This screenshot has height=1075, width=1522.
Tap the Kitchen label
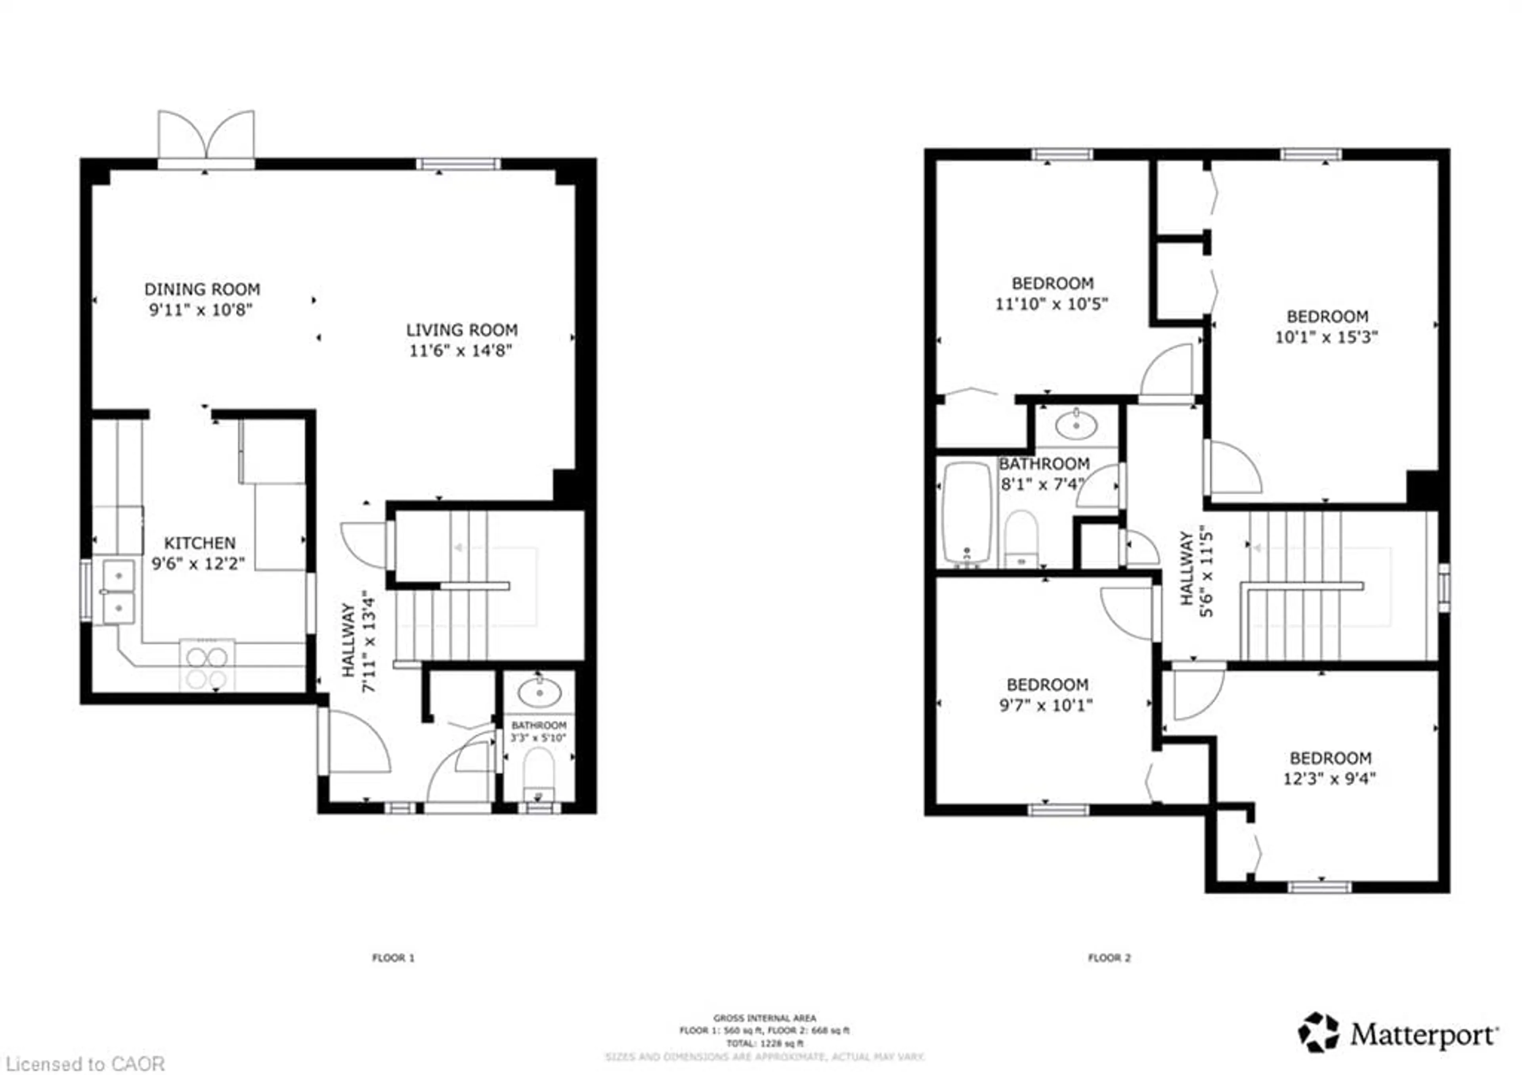199,543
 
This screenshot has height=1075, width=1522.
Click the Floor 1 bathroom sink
539,694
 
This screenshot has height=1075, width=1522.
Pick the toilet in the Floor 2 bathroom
1021,538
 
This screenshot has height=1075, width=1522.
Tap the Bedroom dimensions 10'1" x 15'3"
1327,337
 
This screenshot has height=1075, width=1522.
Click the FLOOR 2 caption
1109,958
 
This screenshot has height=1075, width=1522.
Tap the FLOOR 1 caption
393,958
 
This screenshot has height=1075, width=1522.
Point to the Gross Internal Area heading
764,1018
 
